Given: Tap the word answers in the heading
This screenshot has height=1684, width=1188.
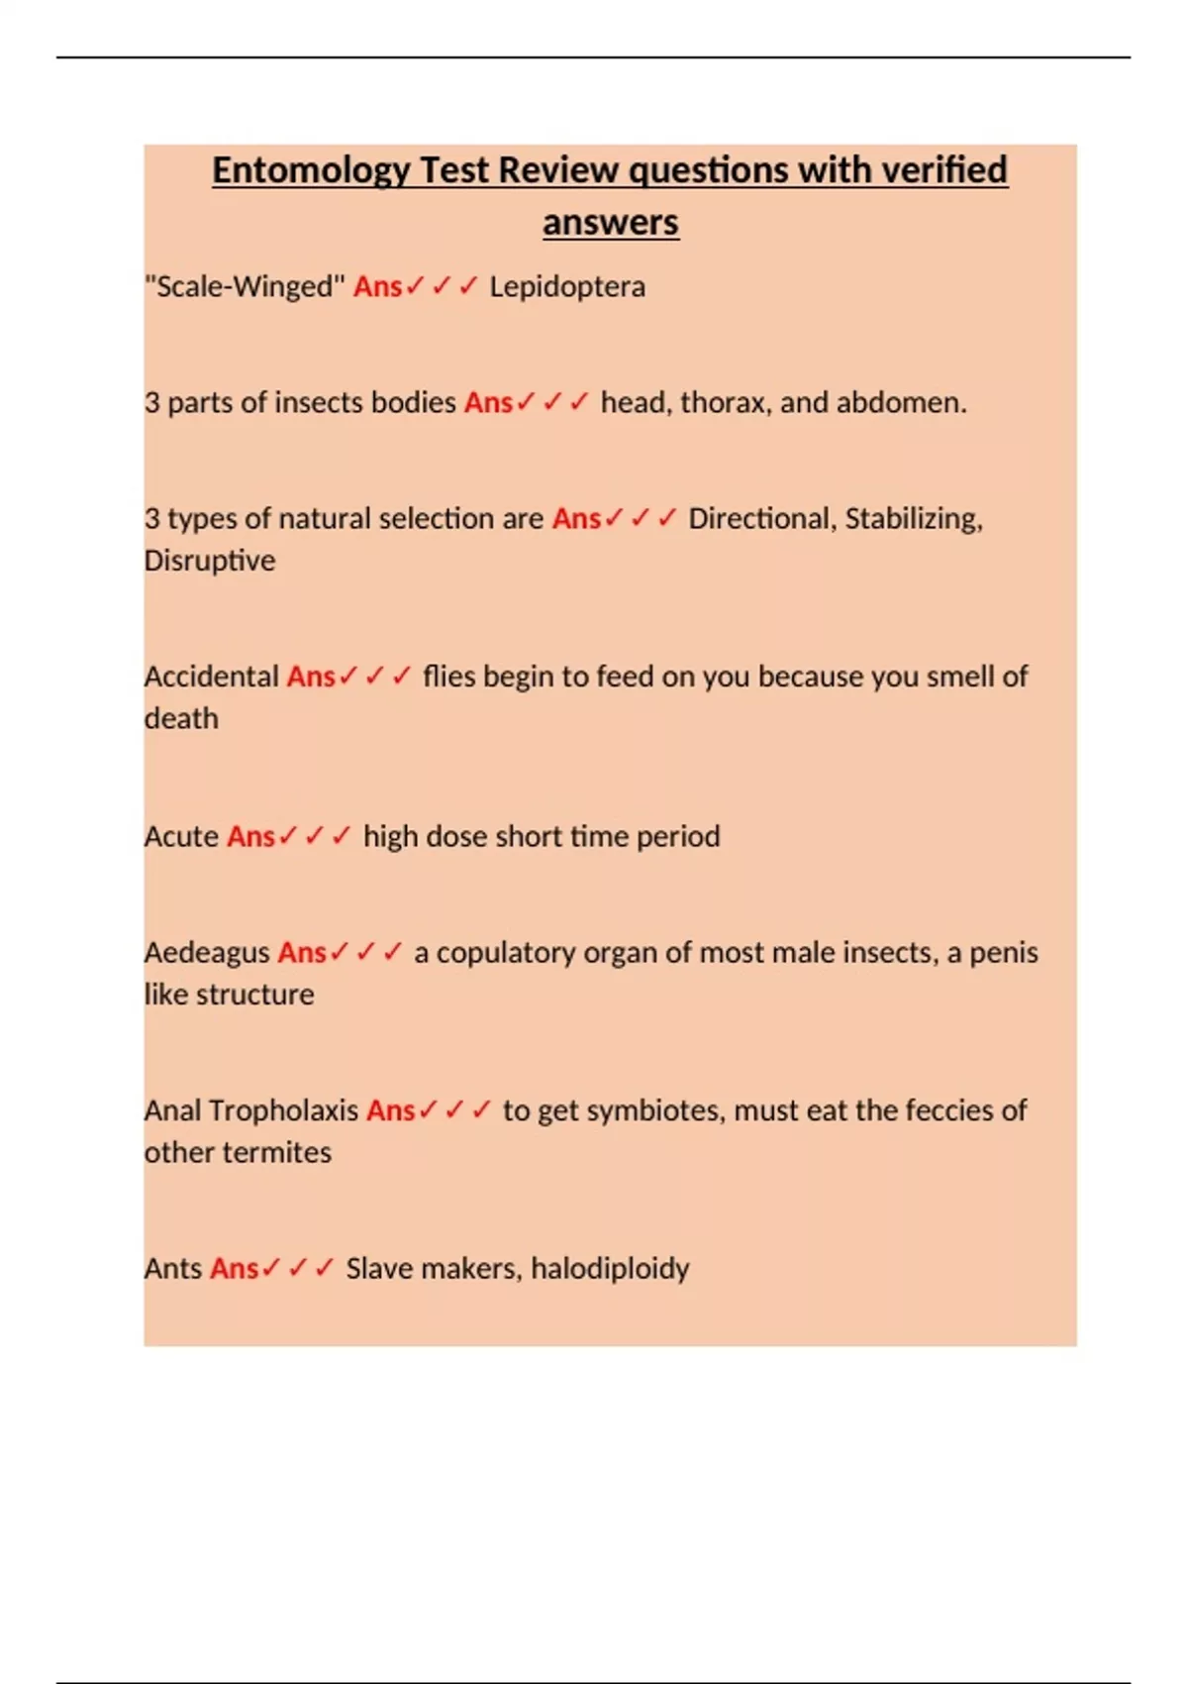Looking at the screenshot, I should pyautogui.click(x=610, y=222).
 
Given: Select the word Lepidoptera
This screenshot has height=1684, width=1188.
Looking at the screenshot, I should pyautogui.click(x=567, y=287).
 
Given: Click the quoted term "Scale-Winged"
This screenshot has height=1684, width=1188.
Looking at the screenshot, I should pyautogui.click(x=245, y=287).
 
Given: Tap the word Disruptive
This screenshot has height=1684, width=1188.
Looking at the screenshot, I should pyautogui.click(x=210, y=561).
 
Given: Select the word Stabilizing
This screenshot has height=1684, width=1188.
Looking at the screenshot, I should pyautogui.click(x=913, y=519).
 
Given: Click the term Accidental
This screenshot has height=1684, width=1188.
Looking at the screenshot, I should pyautogui.click(x=211, y=677).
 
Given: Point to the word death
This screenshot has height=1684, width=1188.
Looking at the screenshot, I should pyautogui.click(x=181, y=718).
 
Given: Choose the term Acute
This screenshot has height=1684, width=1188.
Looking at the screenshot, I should pyautogui.click(x=181, y=837).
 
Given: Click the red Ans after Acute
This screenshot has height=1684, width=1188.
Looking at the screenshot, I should pyautogui.click(x=250, y=837).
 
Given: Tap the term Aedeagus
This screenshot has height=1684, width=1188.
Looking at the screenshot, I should pyautogui.click(x=207, y=953).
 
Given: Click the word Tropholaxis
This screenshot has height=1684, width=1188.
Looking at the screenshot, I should pyautogui.click(x=283, y=1110).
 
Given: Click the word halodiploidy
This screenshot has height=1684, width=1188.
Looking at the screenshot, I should pyautogui.click(x=610, y=1269).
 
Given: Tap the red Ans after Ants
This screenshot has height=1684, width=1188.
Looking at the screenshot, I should pyautogui.click(x=235, y=1269).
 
